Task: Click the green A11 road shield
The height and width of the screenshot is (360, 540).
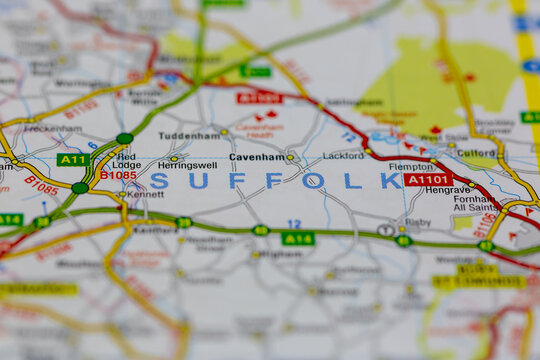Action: click(73, 160)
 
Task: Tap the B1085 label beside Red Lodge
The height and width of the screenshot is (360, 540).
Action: click(118, 175)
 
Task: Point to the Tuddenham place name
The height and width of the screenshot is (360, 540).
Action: click(188, 135)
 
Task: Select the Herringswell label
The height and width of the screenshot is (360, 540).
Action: click(187, 165)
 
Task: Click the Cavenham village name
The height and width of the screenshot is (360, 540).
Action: click(256, 157)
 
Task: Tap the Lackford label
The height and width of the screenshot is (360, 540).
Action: click(343, 156)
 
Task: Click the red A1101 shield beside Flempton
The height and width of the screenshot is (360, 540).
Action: click(428, 180)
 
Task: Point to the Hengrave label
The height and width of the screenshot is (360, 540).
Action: click(447, 189)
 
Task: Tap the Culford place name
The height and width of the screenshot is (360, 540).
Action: click(476, 154)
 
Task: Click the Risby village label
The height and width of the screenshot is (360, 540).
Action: click(418, 222)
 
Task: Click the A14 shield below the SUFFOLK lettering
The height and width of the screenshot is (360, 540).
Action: click(298, 238)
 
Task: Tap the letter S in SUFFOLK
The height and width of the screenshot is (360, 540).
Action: click(159, 181)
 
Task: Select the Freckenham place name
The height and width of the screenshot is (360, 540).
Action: click(53, 129)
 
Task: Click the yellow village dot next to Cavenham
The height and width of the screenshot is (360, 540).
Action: click(290, 157)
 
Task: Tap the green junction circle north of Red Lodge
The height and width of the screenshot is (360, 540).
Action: click(124, 138)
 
